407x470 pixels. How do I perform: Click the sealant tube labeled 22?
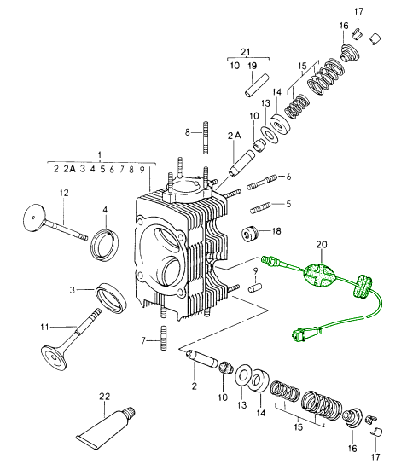pos(105,428)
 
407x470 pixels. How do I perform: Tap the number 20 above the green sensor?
pos(321,245)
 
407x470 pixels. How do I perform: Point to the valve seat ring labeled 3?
pos(111,298)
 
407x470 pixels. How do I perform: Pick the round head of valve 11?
pos(54,358)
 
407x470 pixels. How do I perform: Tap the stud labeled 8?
pos(206,137)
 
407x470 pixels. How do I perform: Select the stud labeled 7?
pos(164,338)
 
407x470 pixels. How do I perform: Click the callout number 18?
pos(276,231)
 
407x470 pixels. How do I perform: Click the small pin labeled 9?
pos(255,288)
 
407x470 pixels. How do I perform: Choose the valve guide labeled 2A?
pos(241,164)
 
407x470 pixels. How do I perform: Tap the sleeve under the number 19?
pos(258,86)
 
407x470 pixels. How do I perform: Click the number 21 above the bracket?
pos(246,51)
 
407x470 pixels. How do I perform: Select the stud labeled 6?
pos(263,182)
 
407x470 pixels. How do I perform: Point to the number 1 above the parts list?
pos(100,155)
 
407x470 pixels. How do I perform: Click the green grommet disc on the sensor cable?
pos(363,286)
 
